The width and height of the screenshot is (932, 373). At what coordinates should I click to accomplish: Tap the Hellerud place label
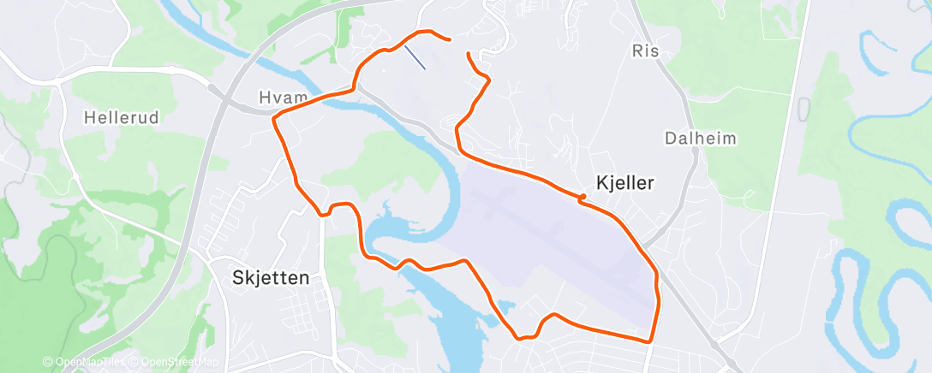[122, 118]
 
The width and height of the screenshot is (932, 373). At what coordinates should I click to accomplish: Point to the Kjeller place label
[625, 182]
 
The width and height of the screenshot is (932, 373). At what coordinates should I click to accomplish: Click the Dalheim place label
[700, 138]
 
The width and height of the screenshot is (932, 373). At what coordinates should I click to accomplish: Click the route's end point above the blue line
[449, 38]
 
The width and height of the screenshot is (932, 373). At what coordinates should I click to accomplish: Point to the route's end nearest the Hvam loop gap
[468, 54]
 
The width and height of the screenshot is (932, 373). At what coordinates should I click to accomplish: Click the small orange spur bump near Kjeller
[582, 198]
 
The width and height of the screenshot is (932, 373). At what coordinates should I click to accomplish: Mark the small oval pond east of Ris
[803, 108]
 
